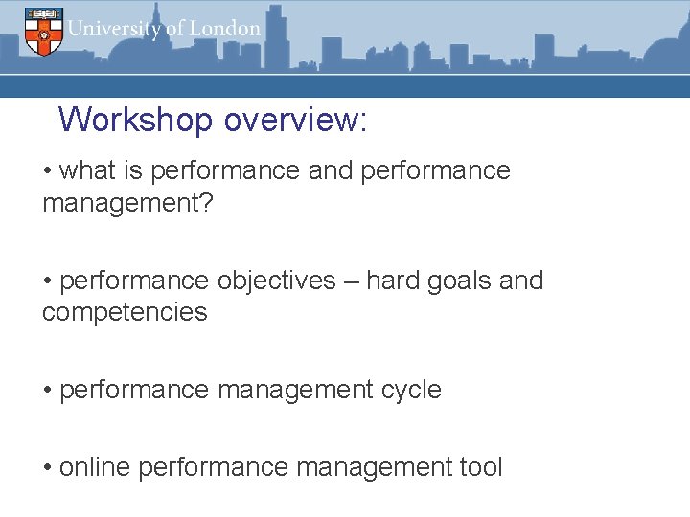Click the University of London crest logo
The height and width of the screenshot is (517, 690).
click(x=43, y=32)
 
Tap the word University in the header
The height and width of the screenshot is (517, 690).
click(x=114, y=28)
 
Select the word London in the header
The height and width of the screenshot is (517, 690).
click(x=224, y=28)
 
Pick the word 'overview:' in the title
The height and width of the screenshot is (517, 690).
click(x=295, y=120)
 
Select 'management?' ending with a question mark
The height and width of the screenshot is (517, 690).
click(x=126, y=202)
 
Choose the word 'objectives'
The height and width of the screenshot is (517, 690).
click(x=277, y=281)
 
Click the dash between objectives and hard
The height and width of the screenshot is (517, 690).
click(x=351, y=281)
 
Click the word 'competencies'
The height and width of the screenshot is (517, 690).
click(x=125, y=312)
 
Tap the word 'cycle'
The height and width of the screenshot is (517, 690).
click(x=411, y=391)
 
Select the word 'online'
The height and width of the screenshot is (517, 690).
click(x=95, y=467)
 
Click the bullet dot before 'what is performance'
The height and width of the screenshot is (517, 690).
click(x=48, y=171)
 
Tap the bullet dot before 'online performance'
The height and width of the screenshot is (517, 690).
click(x=48, y=468)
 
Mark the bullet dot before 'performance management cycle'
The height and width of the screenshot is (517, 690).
click(x=48, y=391)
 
